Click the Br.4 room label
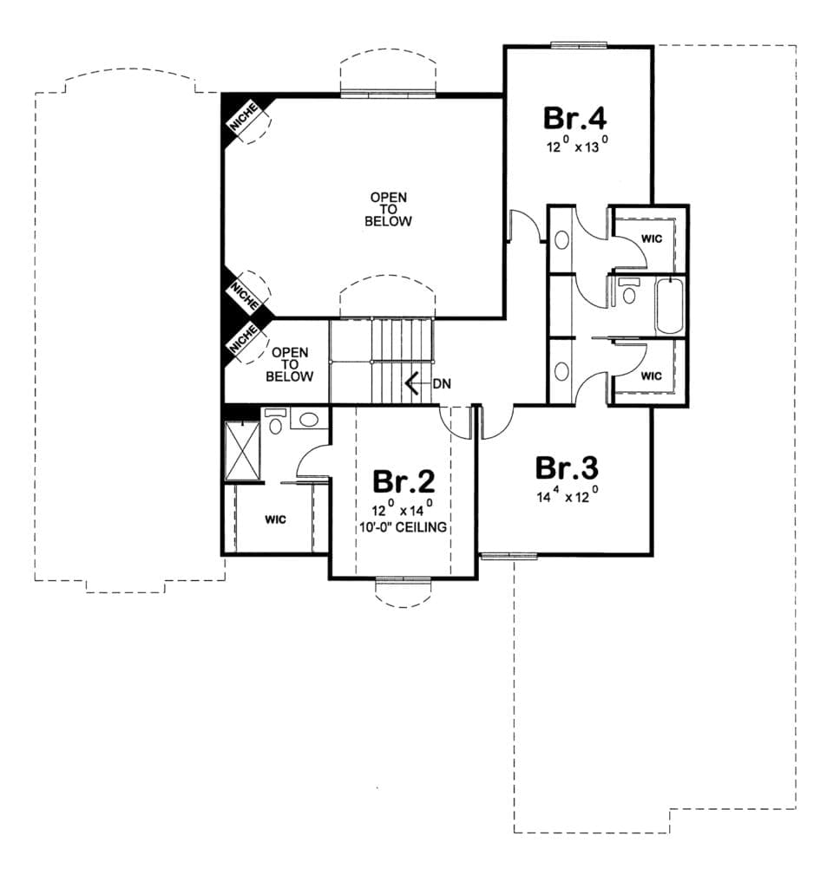coord(574,118)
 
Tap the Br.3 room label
coord(567,468)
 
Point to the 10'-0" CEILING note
coord(403,527)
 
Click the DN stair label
coord(442,384)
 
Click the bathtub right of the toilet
coord(669,306)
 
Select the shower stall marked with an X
coord(243,451)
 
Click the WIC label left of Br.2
coord(275,520)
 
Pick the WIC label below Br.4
coord(651,239)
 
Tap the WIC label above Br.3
coord(651,375)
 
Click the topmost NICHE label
coord(245,118)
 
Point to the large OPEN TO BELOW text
coord(388,209)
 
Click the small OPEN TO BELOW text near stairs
coord(290,364)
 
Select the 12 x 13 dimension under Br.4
coord(578,145)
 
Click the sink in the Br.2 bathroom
coord(309,419)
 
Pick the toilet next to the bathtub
coord(628,291)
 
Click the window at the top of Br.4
coord(579,46)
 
